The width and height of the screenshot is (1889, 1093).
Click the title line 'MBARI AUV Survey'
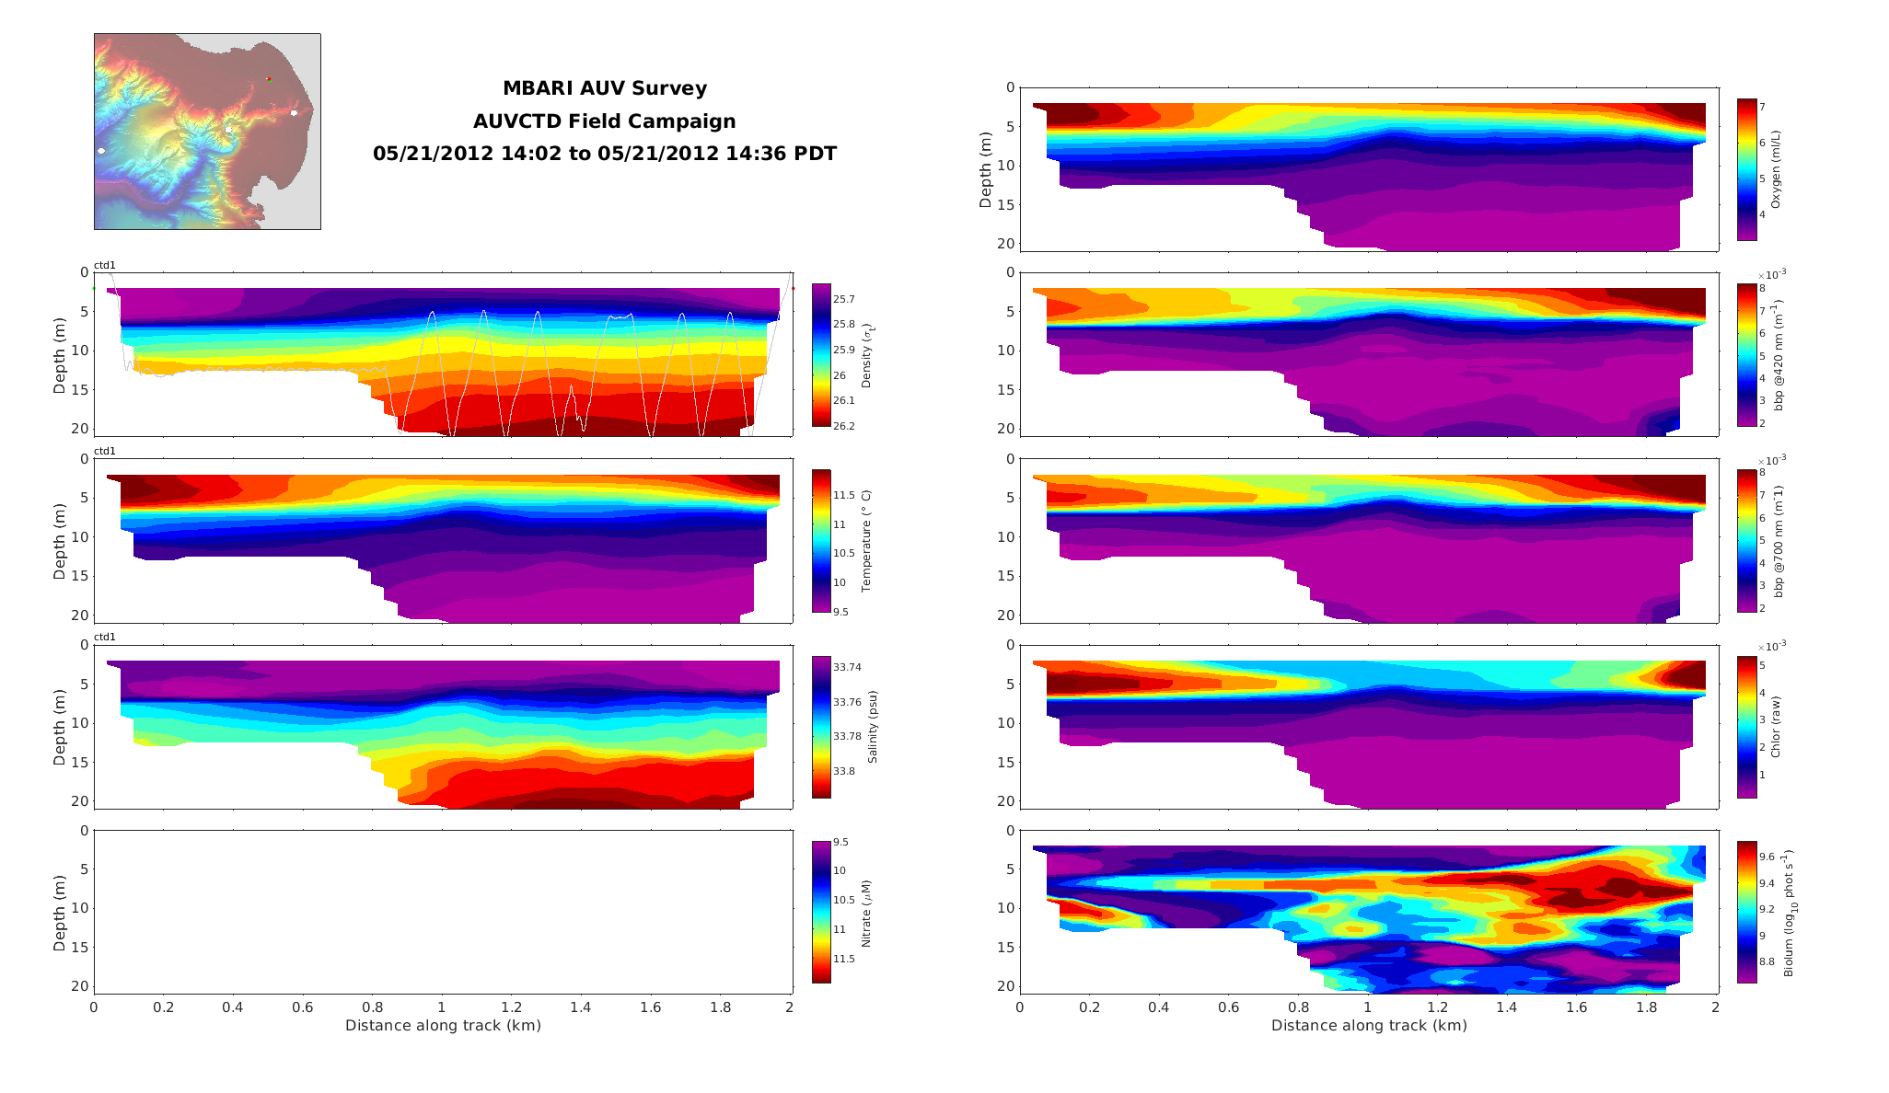604,88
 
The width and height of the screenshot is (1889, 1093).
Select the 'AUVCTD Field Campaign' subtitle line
604,121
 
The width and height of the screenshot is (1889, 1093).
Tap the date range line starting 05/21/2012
604,154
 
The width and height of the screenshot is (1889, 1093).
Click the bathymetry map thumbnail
207,132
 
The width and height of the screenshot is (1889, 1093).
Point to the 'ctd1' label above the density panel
105,266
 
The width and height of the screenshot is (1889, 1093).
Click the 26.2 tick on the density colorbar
843,426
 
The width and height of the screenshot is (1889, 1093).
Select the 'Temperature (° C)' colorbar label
866,541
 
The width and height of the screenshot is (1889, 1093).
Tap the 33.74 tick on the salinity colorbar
847,667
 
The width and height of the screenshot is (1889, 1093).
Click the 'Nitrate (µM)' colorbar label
866,914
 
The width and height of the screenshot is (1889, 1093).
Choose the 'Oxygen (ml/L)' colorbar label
1776,169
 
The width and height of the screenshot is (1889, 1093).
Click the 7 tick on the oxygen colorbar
1762,107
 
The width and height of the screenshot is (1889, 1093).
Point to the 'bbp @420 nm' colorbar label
1778,355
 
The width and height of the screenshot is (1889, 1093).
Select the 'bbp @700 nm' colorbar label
1778,541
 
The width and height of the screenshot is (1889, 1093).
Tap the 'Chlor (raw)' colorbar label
1776,727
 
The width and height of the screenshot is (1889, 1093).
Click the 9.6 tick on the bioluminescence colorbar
1767,857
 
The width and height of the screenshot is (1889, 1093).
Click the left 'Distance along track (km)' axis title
443,1025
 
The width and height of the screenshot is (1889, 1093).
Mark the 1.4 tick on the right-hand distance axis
1506,1007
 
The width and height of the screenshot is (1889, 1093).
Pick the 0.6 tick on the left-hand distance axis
303,1007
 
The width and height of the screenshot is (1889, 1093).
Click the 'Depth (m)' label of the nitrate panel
60,912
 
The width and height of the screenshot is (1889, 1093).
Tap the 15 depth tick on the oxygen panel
1006,205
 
